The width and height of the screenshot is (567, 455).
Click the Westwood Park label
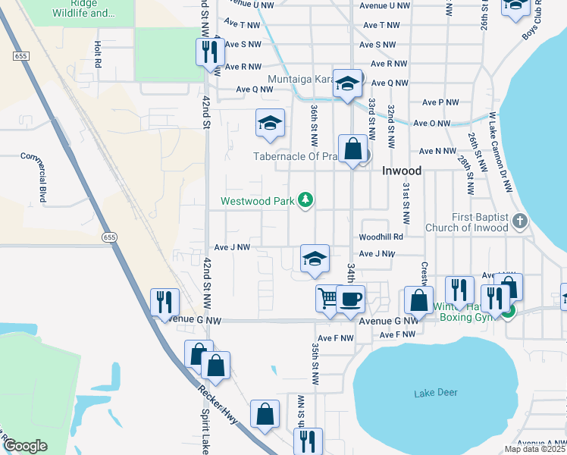pyautogui.click(x=257, y=202)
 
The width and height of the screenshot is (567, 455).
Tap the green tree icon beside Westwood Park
pyautogui.click(x=305, y=200)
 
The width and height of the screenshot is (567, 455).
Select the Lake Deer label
pyautogui.click(x=436, y=393)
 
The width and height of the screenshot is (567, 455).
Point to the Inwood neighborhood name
pyautogui.click(x=401, y=171)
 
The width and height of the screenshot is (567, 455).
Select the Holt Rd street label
pyautogui.click(x=98, y=55)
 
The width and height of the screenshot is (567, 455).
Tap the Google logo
pyautogui.click(x=25, y=446)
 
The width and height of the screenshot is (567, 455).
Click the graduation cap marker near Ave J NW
pyautogui.click(x=315, y=258)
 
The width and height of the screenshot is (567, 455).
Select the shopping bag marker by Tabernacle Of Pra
pyautogui.click(x=353, y=148)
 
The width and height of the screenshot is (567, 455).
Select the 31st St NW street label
pyautogui.click(x=406, y=203)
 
